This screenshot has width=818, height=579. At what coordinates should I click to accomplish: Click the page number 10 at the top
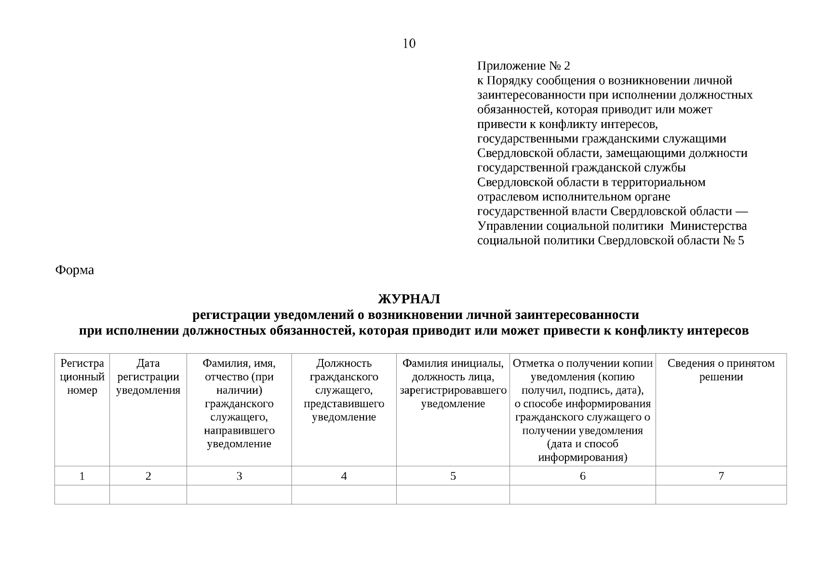(408, 44)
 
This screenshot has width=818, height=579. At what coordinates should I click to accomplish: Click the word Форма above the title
(75, 270)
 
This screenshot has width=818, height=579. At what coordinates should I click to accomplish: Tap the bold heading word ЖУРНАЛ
(409, 299)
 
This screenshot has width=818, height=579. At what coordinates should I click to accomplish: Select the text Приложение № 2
(523, 66)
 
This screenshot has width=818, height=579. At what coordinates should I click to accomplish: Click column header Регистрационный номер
(82, 377)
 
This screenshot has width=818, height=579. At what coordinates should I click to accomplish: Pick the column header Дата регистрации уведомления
(148, 377)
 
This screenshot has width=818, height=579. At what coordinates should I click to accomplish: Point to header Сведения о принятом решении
(721, 370)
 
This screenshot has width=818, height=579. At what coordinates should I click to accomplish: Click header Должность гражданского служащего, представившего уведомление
(344, 390)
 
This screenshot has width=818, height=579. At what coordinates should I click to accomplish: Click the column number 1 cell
(82, 476)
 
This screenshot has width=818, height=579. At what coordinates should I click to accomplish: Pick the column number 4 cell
(344, 476)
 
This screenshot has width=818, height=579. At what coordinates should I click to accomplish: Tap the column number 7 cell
(721, 476)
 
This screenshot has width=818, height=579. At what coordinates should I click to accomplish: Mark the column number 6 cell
(582, 476)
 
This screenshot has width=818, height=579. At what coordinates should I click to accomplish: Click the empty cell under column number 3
(239, 495)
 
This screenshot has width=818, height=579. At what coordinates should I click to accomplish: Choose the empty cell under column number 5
(453, 495)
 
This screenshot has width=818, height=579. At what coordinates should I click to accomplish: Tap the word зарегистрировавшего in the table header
(453, 390)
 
